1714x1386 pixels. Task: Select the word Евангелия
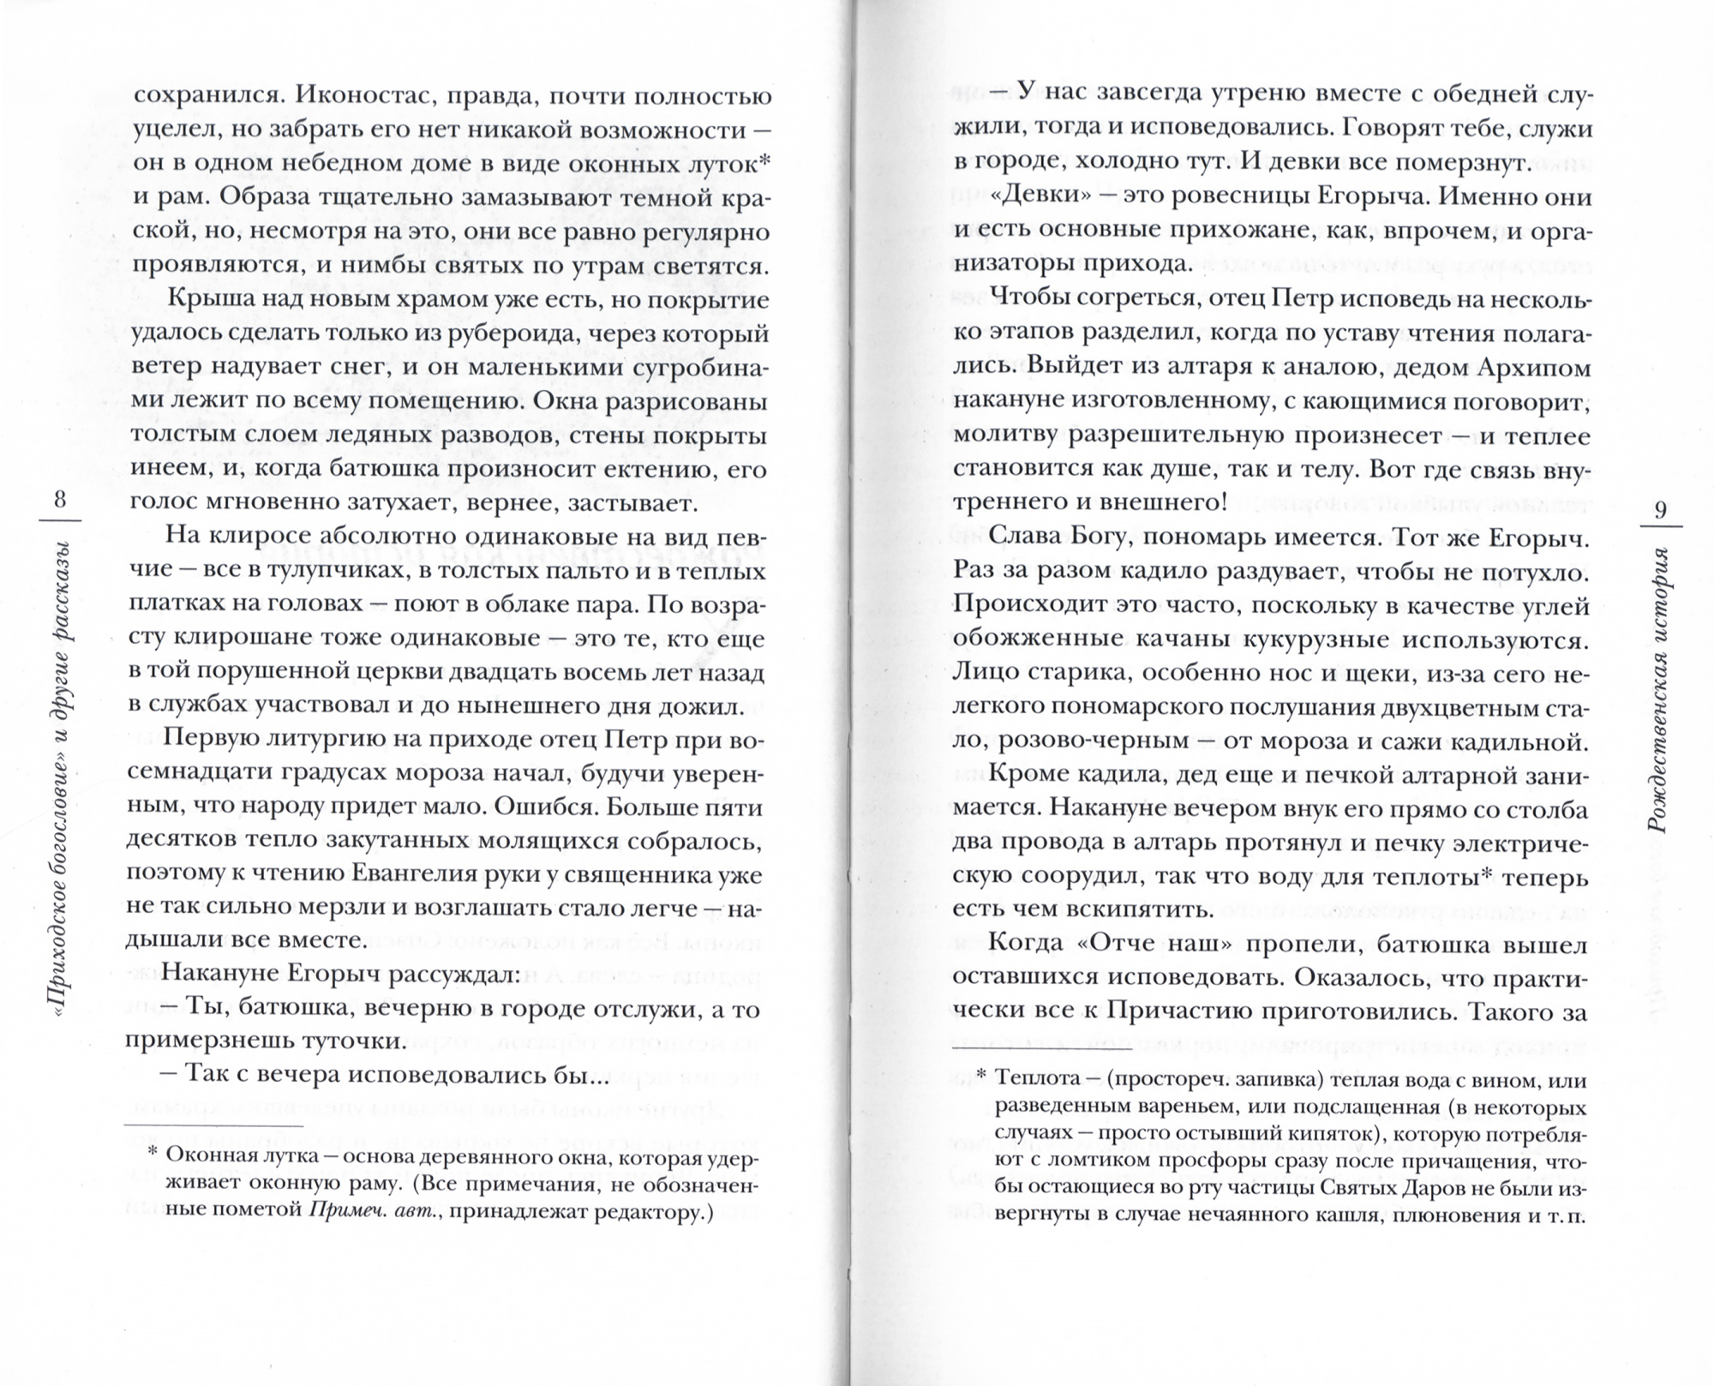coord(408,875)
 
